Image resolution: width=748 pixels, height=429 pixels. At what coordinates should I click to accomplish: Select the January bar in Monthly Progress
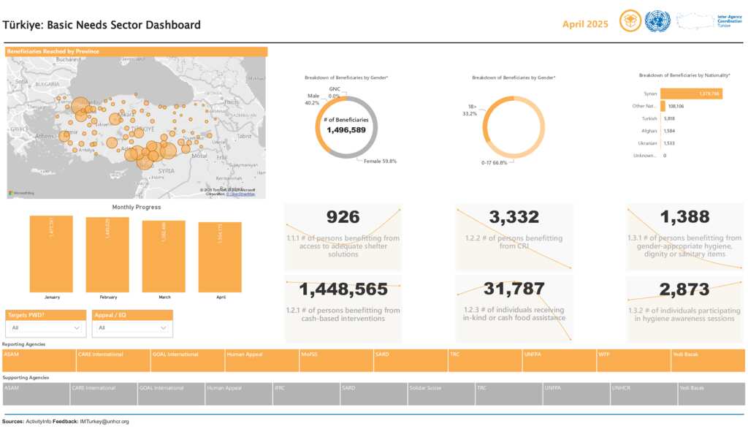[51, 254]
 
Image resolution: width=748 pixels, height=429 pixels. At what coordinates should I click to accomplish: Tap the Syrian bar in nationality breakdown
[690, 94]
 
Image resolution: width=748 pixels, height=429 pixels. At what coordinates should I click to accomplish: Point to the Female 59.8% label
[380, 161]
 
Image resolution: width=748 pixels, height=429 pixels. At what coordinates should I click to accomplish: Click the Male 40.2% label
[313, 99]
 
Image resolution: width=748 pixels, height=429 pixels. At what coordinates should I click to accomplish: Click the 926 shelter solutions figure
[343, 217]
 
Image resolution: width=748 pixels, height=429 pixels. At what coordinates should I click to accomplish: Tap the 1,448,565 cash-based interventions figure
[343, 289]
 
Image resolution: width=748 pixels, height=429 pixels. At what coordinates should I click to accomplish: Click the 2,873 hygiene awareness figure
[684, 289]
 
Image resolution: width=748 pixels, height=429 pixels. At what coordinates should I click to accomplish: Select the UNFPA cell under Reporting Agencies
[559, 360]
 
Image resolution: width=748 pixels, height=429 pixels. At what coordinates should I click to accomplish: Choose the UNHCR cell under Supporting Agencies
[644, 394]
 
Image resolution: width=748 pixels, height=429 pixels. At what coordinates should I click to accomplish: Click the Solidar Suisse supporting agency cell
[440, 394]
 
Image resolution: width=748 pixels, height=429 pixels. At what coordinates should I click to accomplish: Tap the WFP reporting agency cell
[633, 360]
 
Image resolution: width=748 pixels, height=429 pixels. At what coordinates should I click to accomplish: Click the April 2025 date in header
[585, 24]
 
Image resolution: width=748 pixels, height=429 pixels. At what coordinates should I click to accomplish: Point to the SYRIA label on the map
[167, 170]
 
